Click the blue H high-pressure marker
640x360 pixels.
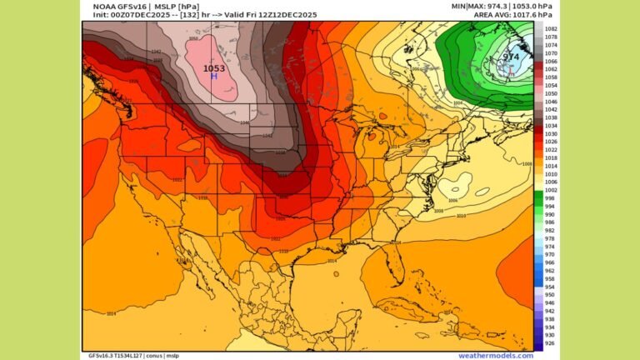(213, 76)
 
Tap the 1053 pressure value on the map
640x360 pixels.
(213, 67)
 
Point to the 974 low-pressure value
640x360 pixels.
(511, 57)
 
